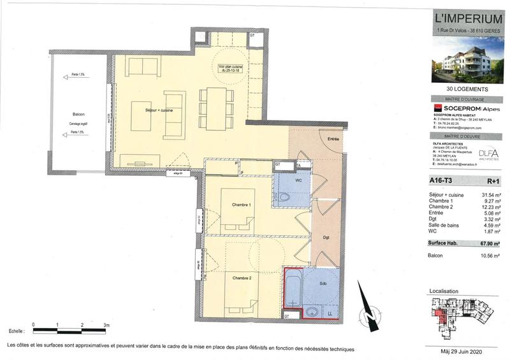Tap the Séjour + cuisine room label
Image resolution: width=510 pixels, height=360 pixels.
[159, 110]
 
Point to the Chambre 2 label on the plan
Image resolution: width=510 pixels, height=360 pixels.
[242, 278]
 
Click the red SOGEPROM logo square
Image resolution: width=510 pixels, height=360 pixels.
[438, 108]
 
